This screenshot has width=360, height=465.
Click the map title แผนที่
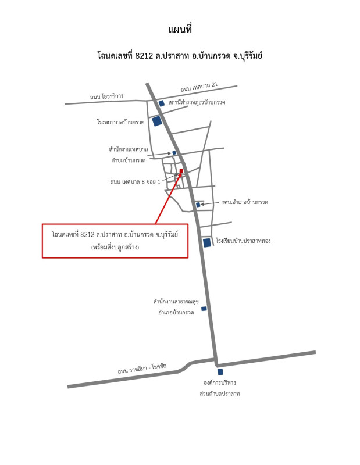(x=180, y=30)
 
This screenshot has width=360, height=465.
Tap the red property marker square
(x=181, y=170)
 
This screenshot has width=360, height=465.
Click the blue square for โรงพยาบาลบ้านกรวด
(x=156, y=121)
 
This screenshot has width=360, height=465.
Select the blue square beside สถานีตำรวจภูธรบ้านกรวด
(x=162, y=103)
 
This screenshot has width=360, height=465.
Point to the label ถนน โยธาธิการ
(x=107, y=96)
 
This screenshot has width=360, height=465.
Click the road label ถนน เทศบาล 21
(x=199, y=87)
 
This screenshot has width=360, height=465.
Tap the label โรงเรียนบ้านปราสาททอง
(x=243, y=241)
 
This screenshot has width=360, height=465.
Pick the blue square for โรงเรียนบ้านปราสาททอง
(x=207, y=242)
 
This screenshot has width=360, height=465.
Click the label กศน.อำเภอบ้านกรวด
(x=244, y=202)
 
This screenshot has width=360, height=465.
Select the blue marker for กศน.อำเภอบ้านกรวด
(x=198, y=205)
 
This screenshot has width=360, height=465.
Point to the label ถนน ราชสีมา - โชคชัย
(x=142, y=368)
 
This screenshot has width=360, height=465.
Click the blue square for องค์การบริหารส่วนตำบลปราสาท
(x=220, y=372)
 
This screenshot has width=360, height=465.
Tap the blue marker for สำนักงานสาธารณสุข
(x=204, y=309)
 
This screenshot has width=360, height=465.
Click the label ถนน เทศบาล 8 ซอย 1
(x=135, y=181)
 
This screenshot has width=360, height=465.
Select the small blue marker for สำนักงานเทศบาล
(x=174, y=153)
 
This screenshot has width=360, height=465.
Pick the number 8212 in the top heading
(x=144, y=55)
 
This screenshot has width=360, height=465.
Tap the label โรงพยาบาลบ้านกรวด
(x=120, y=122)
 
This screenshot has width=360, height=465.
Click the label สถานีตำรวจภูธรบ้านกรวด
(x=197, y=102)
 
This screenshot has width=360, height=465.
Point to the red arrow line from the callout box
(x=168, y=198)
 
